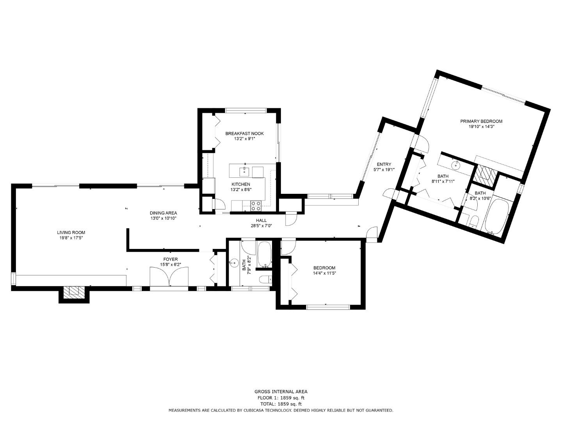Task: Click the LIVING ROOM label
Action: [x=71, y=232]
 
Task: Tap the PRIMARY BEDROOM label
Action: [x=481, y=121]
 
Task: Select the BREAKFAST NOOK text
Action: [x=244, y=134]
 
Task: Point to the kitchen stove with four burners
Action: [x=256, y=206]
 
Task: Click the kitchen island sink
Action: [x=244, y=172]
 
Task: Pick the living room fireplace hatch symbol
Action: [x=74, y=292]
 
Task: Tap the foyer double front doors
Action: [x=169, y=276]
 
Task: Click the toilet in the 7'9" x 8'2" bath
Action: [x=265, y=279]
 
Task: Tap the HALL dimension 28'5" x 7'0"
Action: [x=261, y=226]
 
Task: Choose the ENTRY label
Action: [x=384, y=164]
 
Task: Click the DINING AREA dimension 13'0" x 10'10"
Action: [x=164, y=218]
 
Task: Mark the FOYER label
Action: [x=170, y=259]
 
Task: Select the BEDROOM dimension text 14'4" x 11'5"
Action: [x=324, y=273]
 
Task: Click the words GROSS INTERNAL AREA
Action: [x=281, y=392]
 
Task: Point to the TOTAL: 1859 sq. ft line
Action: [x=281, y=404]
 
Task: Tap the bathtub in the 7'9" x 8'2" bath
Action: [x=264, y=254]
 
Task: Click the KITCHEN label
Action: [x=241, y=184]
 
